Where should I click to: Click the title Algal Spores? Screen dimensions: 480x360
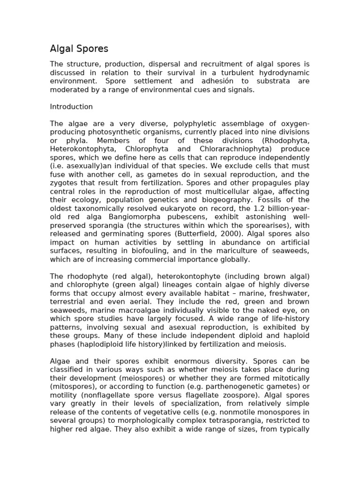point(79,49)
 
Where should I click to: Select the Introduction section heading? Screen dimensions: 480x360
point(71,107)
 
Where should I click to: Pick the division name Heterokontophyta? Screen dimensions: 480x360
point(80,149)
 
